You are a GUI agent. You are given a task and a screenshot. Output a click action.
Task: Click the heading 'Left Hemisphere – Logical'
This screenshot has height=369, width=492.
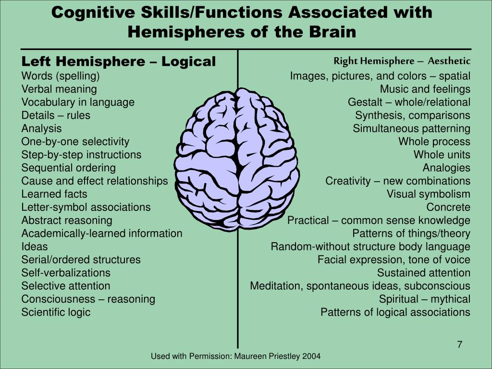pos(119,61)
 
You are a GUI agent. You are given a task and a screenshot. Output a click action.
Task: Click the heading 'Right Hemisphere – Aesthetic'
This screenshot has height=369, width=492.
pos(402,61)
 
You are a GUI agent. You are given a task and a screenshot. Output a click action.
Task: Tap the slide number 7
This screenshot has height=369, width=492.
pos(459,344)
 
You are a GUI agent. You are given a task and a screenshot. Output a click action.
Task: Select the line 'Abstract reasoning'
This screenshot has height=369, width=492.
pos(67,220)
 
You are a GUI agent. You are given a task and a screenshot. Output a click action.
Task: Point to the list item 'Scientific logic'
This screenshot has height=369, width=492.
pos(56,312)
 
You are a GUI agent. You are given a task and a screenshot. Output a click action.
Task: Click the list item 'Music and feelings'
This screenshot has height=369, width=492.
pos(425,89)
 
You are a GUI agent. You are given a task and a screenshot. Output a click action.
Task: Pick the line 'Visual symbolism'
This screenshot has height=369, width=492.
pos(429,194)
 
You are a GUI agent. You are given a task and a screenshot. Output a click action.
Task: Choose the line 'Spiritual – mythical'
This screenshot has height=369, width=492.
pos(424,299)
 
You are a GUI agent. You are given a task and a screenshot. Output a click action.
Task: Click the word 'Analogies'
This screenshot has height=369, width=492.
pos(446,168)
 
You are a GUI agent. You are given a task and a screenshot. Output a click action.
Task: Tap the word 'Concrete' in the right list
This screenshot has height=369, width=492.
pos(448,207)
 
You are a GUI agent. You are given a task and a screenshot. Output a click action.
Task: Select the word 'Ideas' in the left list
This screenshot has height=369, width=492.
pos(35,246)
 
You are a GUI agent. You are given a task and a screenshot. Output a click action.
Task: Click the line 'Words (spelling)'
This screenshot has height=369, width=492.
pos(61,76)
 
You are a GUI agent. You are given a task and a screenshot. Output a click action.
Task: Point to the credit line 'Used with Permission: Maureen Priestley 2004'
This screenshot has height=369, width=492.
pos(235,356)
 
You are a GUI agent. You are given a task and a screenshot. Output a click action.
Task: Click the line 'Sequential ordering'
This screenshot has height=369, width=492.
pos(69,168)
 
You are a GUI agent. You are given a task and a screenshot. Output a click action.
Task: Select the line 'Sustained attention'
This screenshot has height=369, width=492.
pos(423,273)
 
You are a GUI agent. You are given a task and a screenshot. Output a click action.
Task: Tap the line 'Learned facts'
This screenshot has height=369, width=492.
pos(54,194)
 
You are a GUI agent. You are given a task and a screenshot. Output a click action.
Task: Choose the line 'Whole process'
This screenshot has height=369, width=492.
pos(434,141)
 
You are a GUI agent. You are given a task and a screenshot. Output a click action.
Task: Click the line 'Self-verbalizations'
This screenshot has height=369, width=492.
pos(66,273)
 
